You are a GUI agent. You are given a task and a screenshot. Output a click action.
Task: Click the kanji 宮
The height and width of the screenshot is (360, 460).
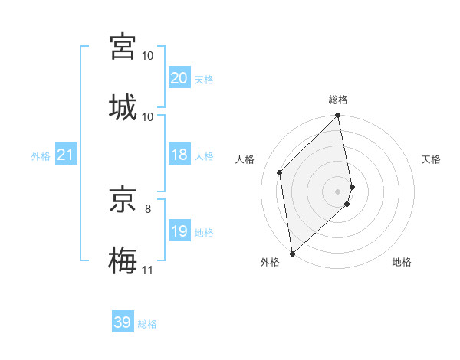point(123,46)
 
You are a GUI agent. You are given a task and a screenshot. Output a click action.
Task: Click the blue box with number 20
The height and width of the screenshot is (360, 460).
point(179,77)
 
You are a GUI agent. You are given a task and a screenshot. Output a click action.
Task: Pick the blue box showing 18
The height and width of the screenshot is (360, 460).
point(179,155)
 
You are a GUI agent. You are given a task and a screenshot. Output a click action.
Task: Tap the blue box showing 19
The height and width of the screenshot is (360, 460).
point(179,231)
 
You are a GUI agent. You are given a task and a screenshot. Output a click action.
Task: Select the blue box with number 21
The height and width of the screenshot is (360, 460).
point(65,155)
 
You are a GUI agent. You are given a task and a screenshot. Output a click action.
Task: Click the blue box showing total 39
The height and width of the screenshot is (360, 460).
point(122,322)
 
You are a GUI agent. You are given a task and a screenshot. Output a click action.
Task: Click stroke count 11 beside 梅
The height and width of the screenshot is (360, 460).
point(147,270)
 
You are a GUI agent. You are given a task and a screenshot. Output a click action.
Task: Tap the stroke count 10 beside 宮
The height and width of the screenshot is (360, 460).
point(148,56)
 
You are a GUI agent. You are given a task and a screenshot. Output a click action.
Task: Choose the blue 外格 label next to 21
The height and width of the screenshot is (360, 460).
point(41,155)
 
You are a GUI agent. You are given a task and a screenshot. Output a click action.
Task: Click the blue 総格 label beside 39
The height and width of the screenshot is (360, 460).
point(147,323)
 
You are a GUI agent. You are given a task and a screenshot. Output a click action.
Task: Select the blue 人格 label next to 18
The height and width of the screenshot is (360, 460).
point(203,155)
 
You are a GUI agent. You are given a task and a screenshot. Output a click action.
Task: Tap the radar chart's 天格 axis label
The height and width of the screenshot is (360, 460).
point(431,159)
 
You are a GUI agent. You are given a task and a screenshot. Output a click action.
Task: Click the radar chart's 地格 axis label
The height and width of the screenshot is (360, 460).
point(402,262)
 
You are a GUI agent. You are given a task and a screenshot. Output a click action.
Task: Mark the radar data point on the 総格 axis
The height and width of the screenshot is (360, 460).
point(338,116)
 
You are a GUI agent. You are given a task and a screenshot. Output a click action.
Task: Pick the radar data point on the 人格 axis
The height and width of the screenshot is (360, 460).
point(280,172)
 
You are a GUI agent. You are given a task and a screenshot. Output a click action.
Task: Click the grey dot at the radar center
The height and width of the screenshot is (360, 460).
point(338,191)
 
